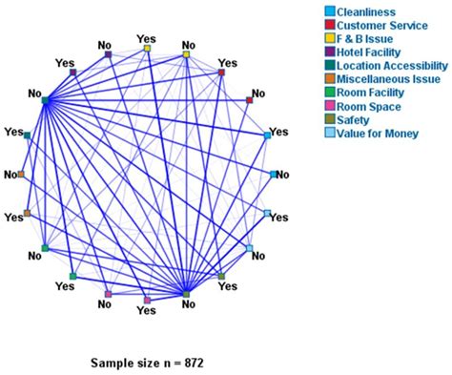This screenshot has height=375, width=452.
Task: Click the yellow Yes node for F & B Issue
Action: point(147,47)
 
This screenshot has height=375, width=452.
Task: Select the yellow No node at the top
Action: point(186,54)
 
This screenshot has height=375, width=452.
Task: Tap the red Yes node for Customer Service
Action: point(221,72)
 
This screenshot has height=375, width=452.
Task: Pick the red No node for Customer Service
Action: point(250,98)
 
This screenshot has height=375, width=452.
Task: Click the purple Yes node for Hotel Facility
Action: point(72,71)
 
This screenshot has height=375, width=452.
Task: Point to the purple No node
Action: point(108,54)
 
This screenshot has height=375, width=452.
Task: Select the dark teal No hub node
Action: point(45,99)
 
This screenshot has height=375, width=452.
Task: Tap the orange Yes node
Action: point(27,213)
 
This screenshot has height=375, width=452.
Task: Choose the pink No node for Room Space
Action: point(108,294)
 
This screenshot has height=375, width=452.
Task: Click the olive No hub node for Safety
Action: point(187,294)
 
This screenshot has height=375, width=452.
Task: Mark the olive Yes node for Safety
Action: point(221,276)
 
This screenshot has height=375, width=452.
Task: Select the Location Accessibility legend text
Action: point(389,66)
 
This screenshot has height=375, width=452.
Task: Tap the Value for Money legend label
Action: point(378,133)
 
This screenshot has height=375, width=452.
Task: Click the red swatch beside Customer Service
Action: point(329,26)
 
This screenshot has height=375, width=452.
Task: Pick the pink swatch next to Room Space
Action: point(329,106)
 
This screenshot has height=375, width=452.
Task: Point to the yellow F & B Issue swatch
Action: point(329,39)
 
